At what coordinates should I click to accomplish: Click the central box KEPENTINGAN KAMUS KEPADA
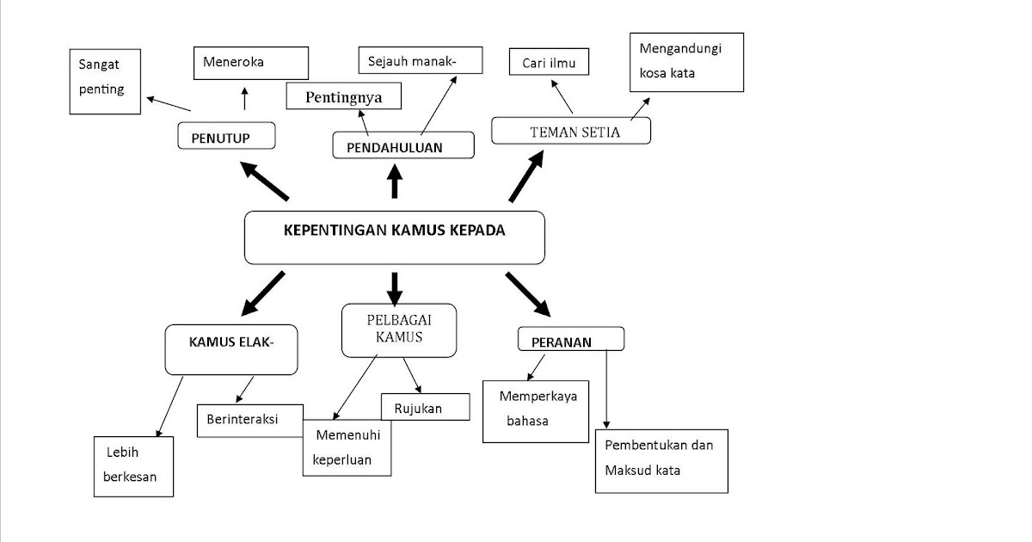pyautogui.click(x=395, y=237)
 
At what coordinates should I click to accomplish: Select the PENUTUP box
pyautogui.click(x=227, y=136)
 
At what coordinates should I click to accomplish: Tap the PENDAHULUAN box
pyautogui.click(x=403, y=145)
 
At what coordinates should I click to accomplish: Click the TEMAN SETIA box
pyautogui.click(x=571, y=131)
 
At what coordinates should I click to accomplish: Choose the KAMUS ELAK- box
pyautogui.click(x=231, y=350)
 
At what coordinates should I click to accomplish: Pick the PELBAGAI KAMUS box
pyautogui.click(x=399, y=330)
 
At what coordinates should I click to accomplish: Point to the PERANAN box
pyautogui.click(x=571, y=339)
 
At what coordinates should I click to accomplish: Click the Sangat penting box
pyautogui.click(x=105, y=82)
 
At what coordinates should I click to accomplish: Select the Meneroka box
pyautogui.click(x=251, y=63)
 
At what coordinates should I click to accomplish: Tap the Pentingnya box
pyautogui.click(x=344, y=95)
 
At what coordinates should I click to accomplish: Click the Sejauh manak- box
pyautogui.click(x=421, y=60)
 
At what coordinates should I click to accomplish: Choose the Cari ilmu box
pyautogui.click(x=550, y=62)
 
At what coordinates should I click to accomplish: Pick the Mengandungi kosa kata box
pyautogui.click(x=686, y=62)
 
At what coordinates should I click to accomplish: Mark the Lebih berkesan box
pyautogui.click(x=133, y=466)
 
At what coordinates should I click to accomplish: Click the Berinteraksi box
pyautogui.click(x=250, y=421)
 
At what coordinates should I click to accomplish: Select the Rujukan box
pyautogui.click(x=426, y=406)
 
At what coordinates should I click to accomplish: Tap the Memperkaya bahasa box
pyautogui.click(x=536, y=411)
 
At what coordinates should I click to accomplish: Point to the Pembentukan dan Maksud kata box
pyautogui.click(x=661, y=461)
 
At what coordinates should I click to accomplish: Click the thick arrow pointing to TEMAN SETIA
pyautogui.click(x=526, y=176)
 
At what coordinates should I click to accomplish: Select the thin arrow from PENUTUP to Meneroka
pyautogui.click(x=244, y=99)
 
